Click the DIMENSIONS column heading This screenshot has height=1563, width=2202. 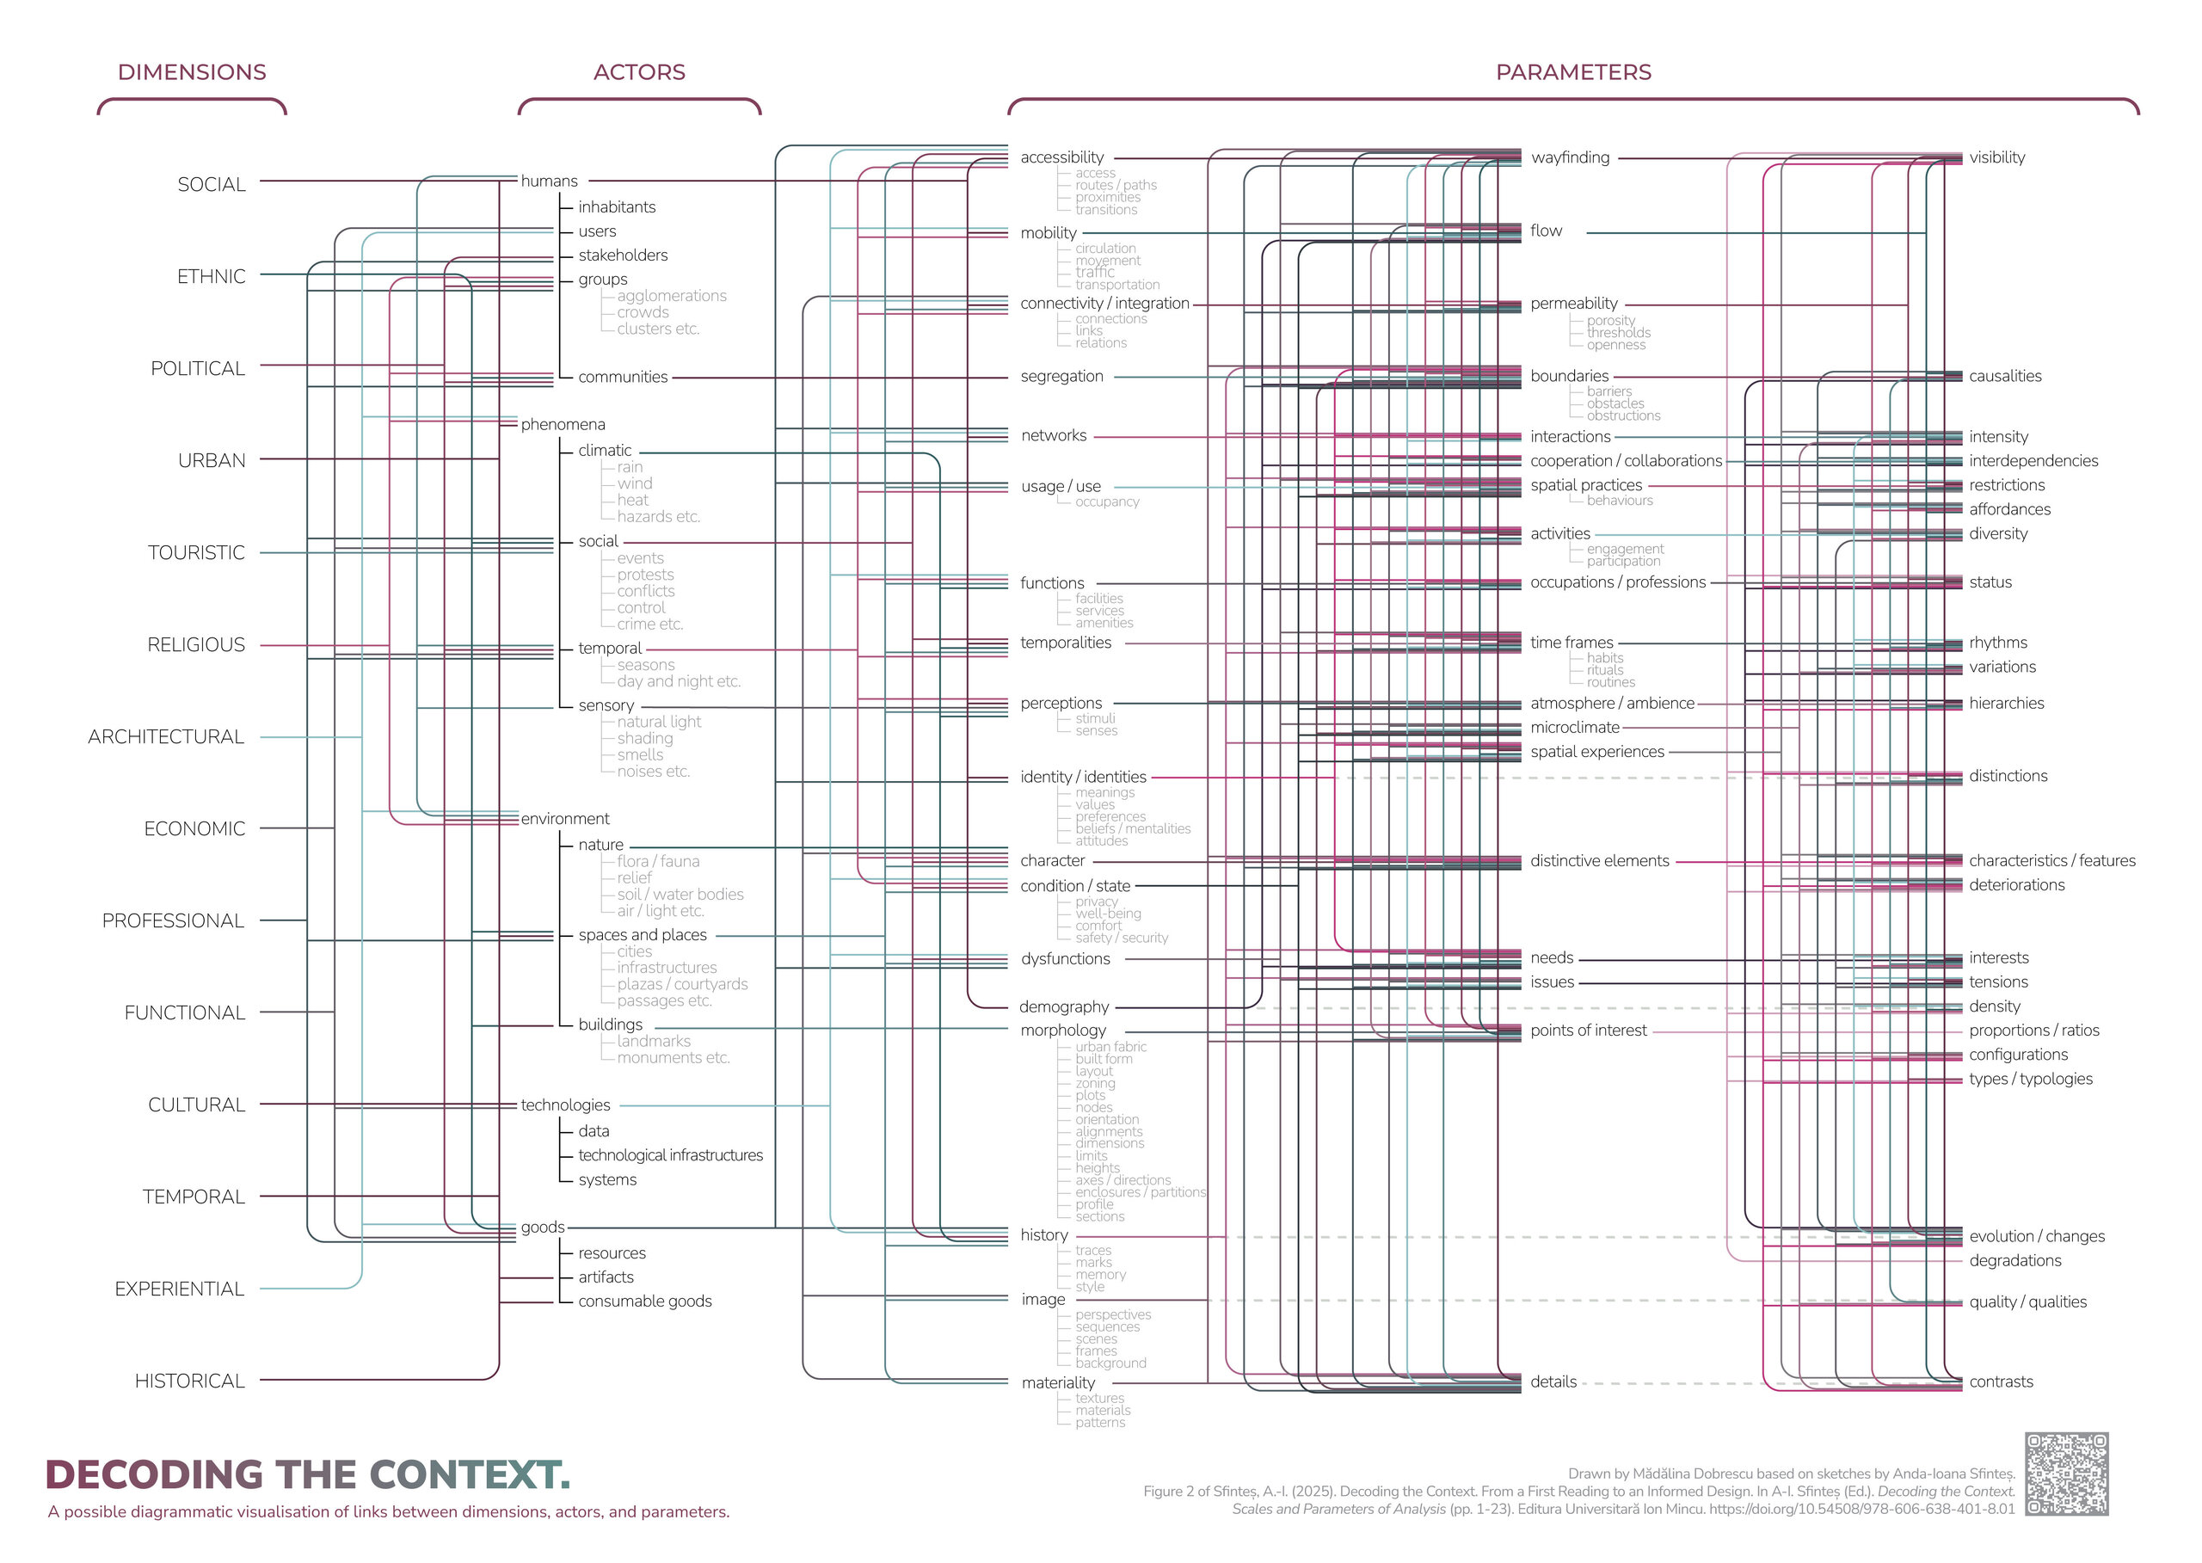(x=192, y=72)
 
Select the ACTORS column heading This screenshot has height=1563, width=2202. (x=639, y=72)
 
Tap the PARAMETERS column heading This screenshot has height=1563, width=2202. (x=1572, y=72)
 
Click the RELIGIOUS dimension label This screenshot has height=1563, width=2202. (x=196, y=645)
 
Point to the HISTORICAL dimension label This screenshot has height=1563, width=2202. (x=189, y=1381)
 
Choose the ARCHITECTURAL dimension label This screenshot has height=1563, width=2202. (x=165, y=737)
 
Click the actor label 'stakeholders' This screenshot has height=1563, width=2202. (x=623, y=255)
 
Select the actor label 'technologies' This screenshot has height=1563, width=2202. (x=565, y=1105)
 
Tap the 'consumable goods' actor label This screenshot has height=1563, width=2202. (x=645, y=1301)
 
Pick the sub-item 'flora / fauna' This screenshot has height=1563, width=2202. (x=658, y=861)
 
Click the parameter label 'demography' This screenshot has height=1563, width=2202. (x=1063, y=1006)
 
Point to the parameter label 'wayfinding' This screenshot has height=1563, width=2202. (x=1570, y=157)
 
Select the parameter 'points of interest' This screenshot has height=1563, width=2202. (x=1588, y=1031)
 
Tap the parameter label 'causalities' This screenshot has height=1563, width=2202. (x=2005, y=376)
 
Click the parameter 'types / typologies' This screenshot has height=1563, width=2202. (x=2030, y=1079)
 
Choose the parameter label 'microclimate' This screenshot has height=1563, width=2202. (x=1574, y=728)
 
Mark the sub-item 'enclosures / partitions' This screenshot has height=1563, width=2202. (x=1140, y=1192)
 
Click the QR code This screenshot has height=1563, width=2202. (x=2066, y=1474)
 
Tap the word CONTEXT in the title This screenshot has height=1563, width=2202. (x=469, y=1475)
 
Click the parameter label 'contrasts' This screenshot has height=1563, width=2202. (x=2001, y=1382)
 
